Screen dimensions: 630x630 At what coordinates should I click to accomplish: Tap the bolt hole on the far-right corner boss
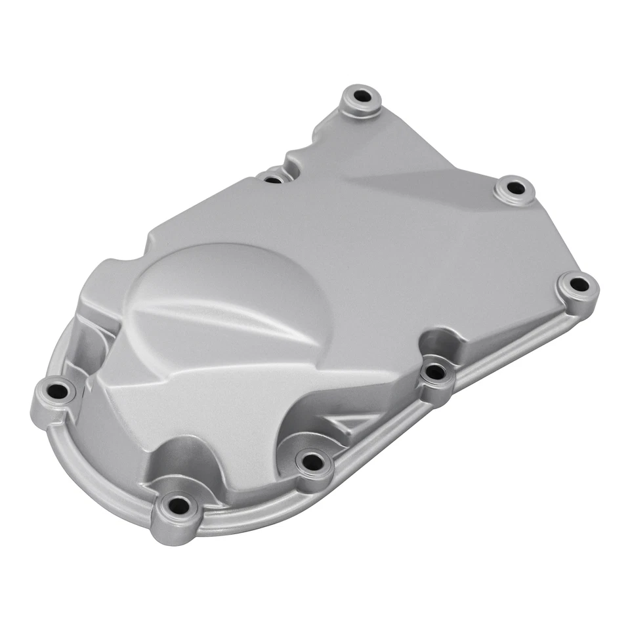pyautogui.click(x=578, y=285)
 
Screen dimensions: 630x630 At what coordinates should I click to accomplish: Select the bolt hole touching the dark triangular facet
pyautogui.click(x=515, y=188)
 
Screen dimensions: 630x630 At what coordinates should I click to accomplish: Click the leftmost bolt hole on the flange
pyautogui.click(x=58, y=392)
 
